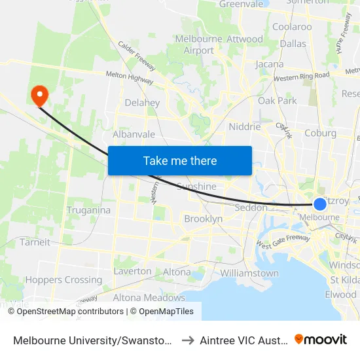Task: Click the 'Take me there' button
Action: [x=180, y=160]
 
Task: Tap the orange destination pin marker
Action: [x=40, y=96]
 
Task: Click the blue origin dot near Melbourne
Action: [x=320, y=204]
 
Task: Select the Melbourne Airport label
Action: [x=199, y=45]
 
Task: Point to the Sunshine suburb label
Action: [x=196, y=187]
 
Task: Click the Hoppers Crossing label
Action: [x=64, y=279]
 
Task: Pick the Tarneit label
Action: [x=35, y=242]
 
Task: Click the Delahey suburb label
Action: [x=142, y=103]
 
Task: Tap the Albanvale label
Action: [x=134, y=134]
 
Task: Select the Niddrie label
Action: [x=245, y=126]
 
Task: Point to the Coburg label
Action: [x=321, y=133]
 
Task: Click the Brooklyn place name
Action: [x=203, y=219]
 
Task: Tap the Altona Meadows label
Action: [x=149, y=297]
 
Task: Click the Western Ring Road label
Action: [x=302, y=77]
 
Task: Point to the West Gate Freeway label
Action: [x=283, y=242]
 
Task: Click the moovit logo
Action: [x=321, y=339]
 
